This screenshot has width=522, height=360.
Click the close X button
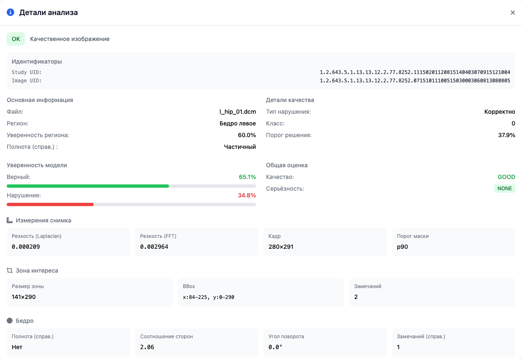point(512,13)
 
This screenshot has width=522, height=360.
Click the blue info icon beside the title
point(10,13)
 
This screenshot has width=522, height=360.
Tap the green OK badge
point(16,39)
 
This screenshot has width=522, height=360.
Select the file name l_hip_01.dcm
point(238,112)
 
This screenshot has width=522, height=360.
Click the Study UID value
point(415,72)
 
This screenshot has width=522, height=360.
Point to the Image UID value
point(415,81)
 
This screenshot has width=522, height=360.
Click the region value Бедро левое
point(238,123)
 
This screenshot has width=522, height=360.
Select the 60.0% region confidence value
point(247,135)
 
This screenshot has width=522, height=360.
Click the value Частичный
point(240,147)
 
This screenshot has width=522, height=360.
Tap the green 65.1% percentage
point(247,177)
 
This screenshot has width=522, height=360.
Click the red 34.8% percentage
point(247,195)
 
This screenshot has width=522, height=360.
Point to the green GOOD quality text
point(507,177)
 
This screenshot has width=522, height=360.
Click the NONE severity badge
point(504,189)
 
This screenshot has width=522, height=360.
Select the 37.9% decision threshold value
point(507,135)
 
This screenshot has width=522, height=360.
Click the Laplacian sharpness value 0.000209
point(26,247)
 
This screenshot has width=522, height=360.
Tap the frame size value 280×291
point(281,247)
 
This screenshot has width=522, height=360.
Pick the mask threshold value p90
point(402,247)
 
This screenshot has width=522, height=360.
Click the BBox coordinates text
point(208,297)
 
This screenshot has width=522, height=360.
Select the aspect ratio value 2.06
point(147,347)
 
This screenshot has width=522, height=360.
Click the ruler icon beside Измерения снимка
point(10,220)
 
